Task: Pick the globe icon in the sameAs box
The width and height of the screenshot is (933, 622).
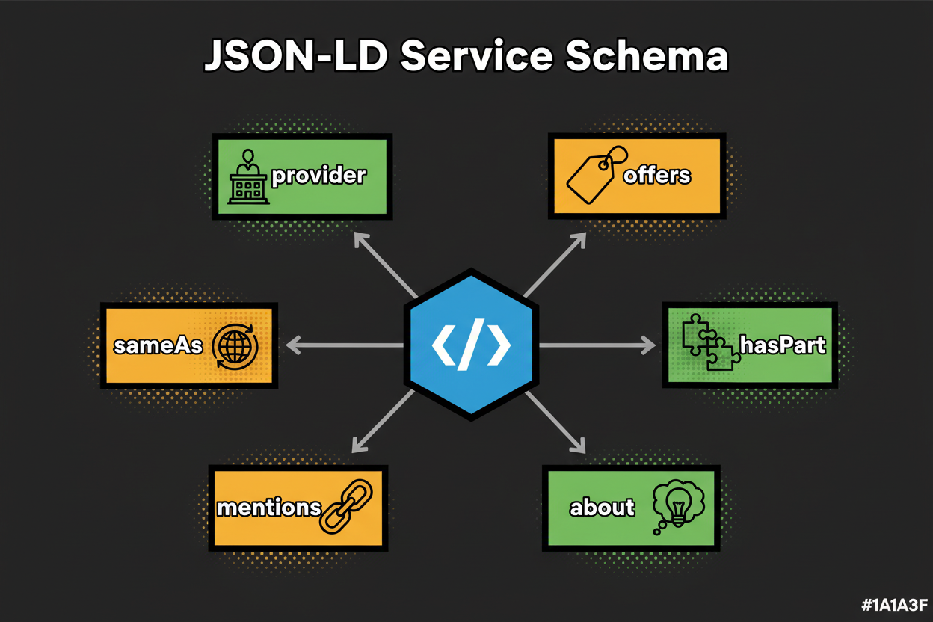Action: pyautogui.click(x=235, y=346)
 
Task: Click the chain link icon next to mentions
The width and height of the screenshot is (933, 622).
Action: pyautogui.click(x=345, y=506)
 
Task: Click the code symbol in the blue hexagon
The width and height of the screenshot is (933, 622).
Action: pyautogui.click(x=471, y=345)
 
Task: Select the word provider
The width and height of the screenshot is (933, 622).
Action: pyautogui.click(x=318, y=176)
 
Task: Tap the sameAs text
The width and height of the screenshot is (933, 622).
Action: pyautogui.click(x=158, y=346)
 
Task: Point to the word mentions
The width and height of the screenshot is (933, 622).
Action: pyautogui.click(x=268, y=508)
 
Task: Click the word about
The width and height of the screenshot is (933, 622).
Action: pyautogui.click(x=602, y=508)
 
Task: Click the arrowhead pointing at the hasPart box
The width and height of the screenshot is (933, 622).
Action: pyautogui.click(x=647, y=345)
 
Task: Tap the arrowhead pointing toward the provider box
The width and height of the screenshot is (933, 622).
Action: pyautogui.click(x=362, y=239)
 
